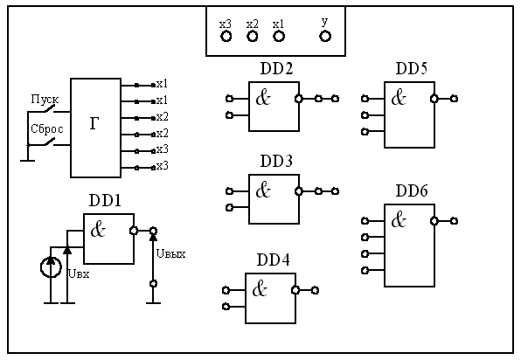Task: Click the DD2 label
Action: (x=276, y=68)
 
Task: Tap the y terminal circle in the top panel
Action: (x=325, y=36)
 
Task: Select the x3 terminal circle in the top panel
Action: (x=226, y=36)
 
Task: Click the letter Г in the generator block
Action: (x=94, y=123)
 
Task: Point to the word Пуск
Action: (x=45, y=99)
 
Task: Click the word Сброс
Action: (x=47, y=128)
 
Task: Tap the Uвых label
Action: (x=170, y=254)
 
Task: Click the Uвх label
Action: (x=79, y=274)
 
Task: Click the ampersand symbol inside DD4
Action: (x=260, y=289)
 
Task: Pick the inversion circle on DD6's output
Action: (x=434, y=221)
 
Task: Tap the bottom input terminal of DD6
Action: (x=365, y=270)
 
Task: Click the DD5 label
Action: (x=412, y=68)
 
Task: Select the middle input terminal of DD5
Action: (x=365, y=115)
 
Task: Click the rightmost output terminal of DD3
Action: (x=336, y=191)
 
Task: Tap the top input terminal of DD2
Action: (x=229, y=99)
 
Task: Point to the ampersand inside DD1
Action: (x=98, y=230)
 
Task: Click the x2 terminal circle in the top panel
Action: (x=252, y=36)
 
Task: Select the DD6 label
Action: (x=412, y=191)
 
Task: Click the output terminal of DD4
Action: (x=315, y=291)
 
